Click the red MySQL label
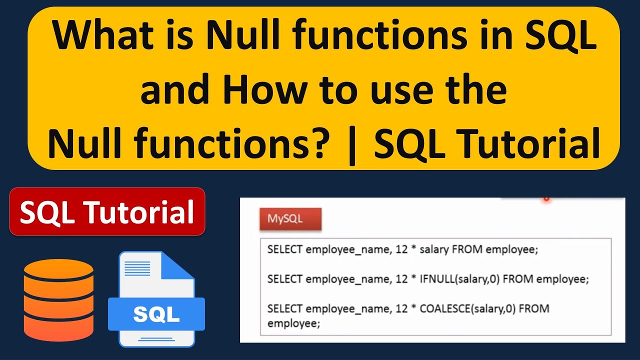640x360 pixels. (x=290, y=219)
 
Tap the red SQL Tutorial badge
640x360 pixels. (x=107, y=211)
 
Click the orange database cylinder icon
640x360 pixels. (x=58, y=300)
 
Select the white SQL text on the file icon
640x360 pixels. (x=156, y=313)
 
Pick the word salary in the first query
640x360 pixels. (x=434, y=249)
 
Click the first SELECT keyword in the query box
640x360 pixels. (x=284, y=249)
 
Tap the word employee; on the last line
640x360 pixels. (x=293, y=323)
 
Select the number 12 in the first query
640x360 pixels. (x=401, y=249)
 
